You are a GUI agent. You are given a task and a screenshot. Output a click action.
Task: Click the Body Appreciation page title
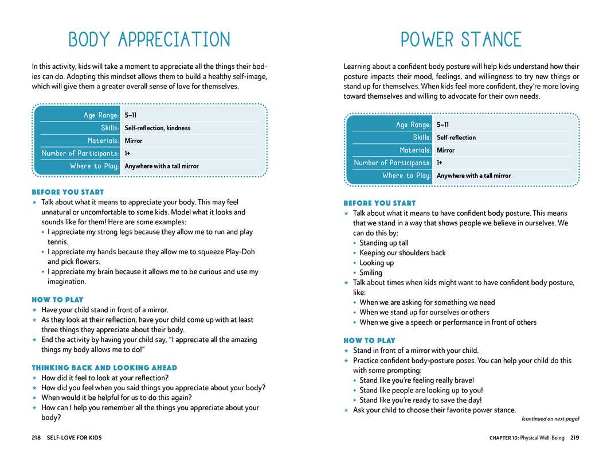click(x=149, y=40)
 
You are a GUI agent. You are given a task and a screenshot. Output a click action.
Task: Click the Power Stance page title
click(x=461, y=40)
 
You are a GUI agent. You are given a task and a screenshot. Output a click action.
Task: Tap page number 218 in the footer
click(x=36, y=438)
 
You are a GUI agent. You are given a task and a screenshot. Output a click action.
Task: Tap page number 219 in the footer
click(x=574, y=438)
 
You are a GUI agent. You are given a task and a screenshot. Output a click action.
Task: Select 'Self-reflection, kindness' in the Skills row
click(x=157, y=128)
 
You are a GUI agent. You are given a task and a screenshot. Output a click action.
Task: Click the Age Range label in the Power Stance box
click(x=413, y=125)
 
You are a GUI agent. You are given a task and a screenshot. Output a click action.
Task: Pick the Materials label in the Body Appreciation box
click(x=103, y=141)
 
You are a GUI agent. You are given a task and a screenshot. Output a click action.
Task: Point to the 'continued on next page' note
click(x=550, y=419)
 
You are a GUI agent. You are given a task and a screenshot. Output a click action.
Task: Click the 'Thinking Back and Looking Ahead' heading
click(x=104, y=368)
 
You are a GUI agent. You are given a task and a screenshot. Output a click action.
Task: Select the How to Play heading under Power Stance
click(x=370, y=341)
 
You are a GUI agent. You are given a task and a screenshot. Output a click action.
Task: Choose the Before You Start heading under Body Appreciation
click(x=68, y=192)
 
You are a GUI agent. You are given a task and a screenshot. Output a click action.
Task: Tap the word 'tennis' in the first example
click(x=57, y=242)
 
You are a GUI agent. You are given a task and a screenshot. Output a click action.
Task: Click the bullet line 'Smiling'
click(x=371, y=273)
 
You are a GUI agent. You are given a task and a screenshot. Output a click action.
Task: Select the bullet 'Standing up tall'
click(x=384, y=243)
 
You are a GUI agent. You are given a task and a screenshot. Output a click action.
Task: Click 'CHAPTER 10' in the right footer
click(x=504, y=438)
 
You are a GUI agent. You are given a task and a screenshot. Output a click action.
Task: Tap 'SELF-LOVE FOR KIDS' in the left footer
click(x=74, y=438)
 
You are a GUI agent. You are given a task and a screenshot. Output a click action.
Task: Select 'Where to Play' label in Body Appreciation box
click(x=95, y=166)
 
